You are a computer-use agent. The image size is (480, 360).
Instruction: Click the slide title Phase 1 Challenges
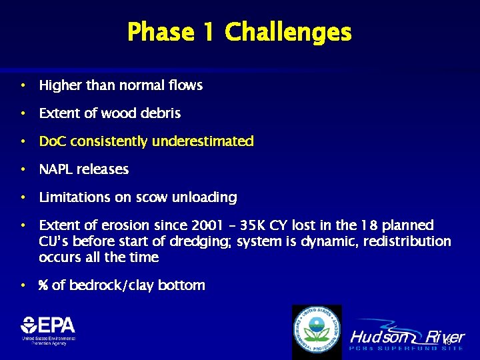(x=239, y=32)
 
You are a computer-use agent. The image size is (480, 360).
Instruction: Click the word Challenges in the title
(x=288, y=32)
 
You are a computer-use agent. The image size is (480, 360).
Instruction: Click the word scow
(x=152, y=197)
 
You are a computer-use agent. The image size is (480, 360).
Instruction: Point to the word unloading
(x=206, y=198)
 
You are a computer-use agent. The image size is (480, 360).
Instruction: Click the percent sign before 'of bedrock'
(x=43, y=285)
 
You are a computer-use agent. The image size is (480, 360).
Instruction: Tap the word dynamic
(x=313, y=241)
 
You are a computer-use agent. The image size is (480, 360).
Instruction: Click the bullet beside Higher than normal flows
(x=23, y=85)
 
